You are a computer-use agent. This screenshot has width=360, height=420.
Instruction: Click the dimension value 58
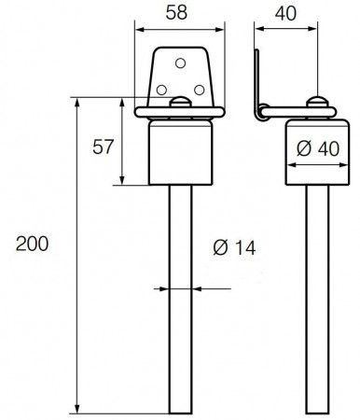coord(176,13)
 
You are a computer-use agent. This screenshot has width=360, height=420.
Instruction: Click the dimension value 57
coord(104,147)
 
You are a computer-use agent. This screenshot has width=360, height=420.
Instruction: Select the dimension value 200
coord(33,244)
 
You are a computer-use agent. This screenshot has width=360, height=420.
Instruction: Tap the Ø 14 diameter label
coord(235,248)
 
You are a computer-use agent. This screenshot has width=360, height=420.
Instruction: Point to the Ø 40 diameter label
coord(318,148)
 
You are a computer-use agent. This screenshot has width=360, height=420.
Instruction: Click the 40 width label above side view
coord(285,13)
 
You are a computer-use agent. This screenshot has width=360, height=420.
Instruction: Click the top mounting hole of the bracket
coord(180,63)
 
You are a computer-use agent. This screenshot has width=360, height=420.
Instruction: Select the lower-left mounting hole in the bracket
coord(161,91)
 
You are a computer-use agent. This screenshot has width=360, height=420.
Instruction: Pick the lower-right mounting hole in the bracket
coord(200,91)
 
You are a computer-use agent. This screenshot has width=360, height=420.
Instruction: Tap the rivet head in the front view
coord(180,102)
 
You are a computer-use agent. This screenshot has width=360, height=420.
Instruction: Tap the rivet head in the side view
coord(317,102)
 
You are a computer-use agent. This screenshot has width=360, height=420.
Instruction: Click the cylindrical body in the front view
coord(181,152)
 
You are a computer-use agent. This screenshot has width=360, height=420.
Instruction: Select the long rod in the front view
coord(181,300)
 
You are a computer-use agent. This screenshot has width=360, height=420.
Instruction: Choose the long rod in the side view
coord(317,300)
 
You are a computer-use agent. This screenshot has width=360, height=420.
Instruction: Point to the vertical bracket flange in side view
coord(257,84)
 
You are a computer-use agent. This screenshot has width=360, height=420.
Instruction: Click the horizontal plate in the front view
coord(180,112)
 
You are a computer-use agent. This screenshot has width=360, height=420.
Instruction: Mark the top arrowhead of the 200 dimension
coord(77,102)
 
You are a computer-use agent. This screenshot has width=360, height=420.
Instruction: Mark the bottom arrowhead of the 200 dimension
coord(77,409)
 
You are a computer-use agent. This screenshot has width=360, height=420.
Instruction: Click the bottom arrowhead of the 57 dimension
coord(122,181)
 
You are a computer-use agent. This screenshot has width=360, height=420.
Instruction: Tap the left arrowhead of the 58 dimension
coord(140,30)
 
